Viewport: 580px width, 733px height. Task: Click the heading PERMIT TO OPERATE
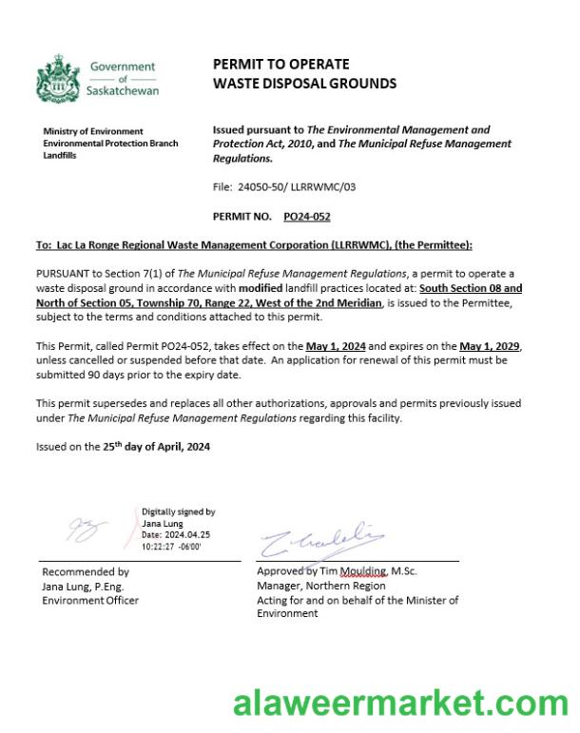tap(280, 64)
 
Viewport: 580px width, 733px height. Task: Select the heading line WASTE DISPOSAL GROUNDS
tap(304, 84)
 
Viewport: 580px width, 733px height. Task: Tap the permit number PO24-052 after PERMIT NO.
tap(307, 217)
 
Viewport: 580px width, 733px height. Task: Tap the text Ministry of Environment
tap(93, 131)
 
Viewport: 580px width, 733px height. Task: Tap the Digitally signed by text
tap(178, 511)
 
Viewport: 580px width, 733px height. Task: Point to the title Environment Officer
tap(90, 600)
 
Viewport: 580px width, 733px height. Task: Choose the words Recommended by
tap(86, 572)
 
